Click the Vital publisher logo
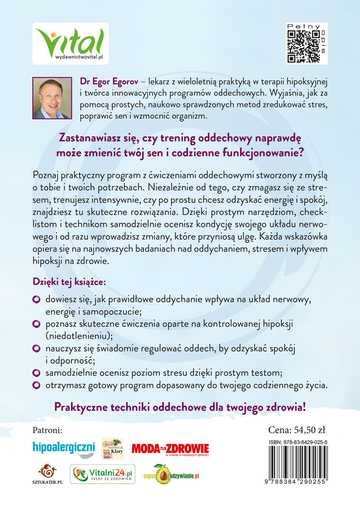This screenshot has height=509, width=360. pyautogui.click(x=71, y=44)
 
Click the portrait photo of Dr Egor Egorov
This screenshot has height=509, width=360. pyautogui.click(x=52, y=98)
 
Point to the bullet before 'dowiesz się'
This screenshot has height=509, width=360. pyautogui.click(x=38, y=300)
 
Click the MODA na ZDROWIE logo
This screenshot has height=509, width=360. pyautogui.click(x=171, y=448)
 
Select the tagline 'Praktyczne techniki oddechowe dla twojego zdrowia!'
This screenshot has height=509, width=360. pyautogui.click(x=180, y=407)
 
